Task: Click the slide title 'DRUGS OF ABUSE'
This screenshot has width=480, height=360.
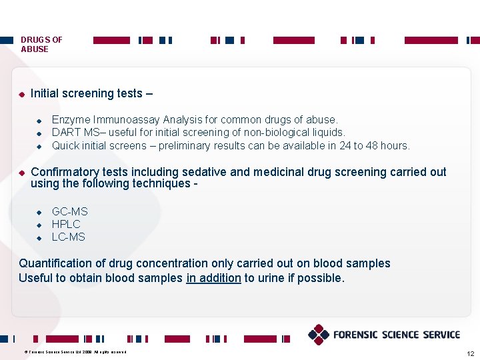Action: (x=41, y=44)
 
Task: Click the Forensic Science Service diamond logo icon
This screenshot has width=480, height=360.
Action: (x=319, y=335)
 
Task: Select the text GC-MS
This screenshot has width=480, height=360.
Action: (x=69, y=211)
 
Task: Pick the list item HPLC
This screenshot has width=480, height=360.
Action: (x=66, y=224)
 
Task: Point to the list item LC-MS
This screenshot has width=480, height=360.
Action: (x=69, y=237)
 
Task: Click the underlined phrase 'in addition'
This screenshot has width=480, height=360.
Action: (x=213, y=278)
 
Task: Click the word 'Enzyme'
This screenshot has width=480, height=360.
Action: (x=71, y=120)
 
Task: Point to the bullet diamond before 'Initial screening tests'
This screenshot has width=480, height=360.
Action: (x=21, y=94)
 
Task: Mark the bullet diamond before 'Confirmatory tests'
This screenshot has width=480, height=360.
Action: (x=21, y=173)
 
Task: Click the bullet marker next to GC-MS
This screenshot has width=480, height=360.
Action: (x=39, y=212)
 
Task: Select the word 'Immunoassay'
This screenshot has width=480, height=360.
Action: (x=123, y=120)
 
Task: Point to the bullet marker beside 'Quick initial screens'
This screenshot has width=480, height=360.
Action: (x=39, y=146)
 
